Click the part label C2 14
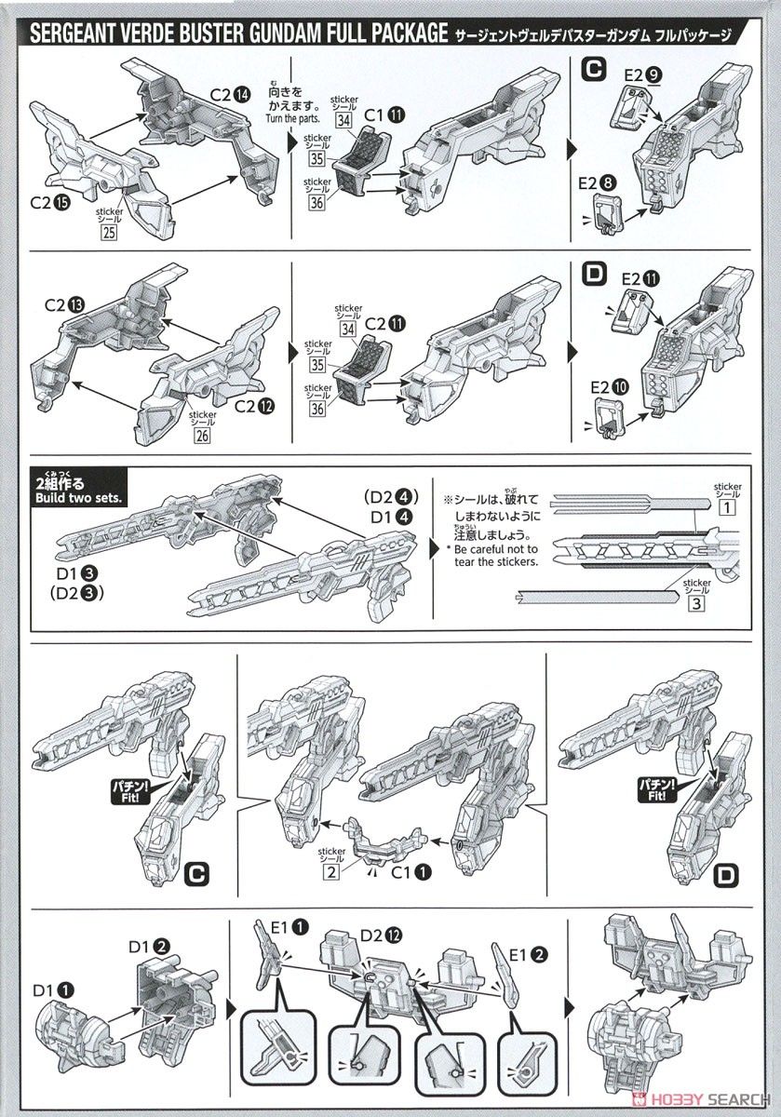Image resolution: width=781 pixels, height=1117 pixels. click(229, 93)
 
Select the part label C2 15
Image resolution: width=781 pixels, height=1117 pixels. click(47, 201)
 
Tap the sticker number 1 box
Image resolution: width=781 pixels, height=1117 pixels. click(727, 509)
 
